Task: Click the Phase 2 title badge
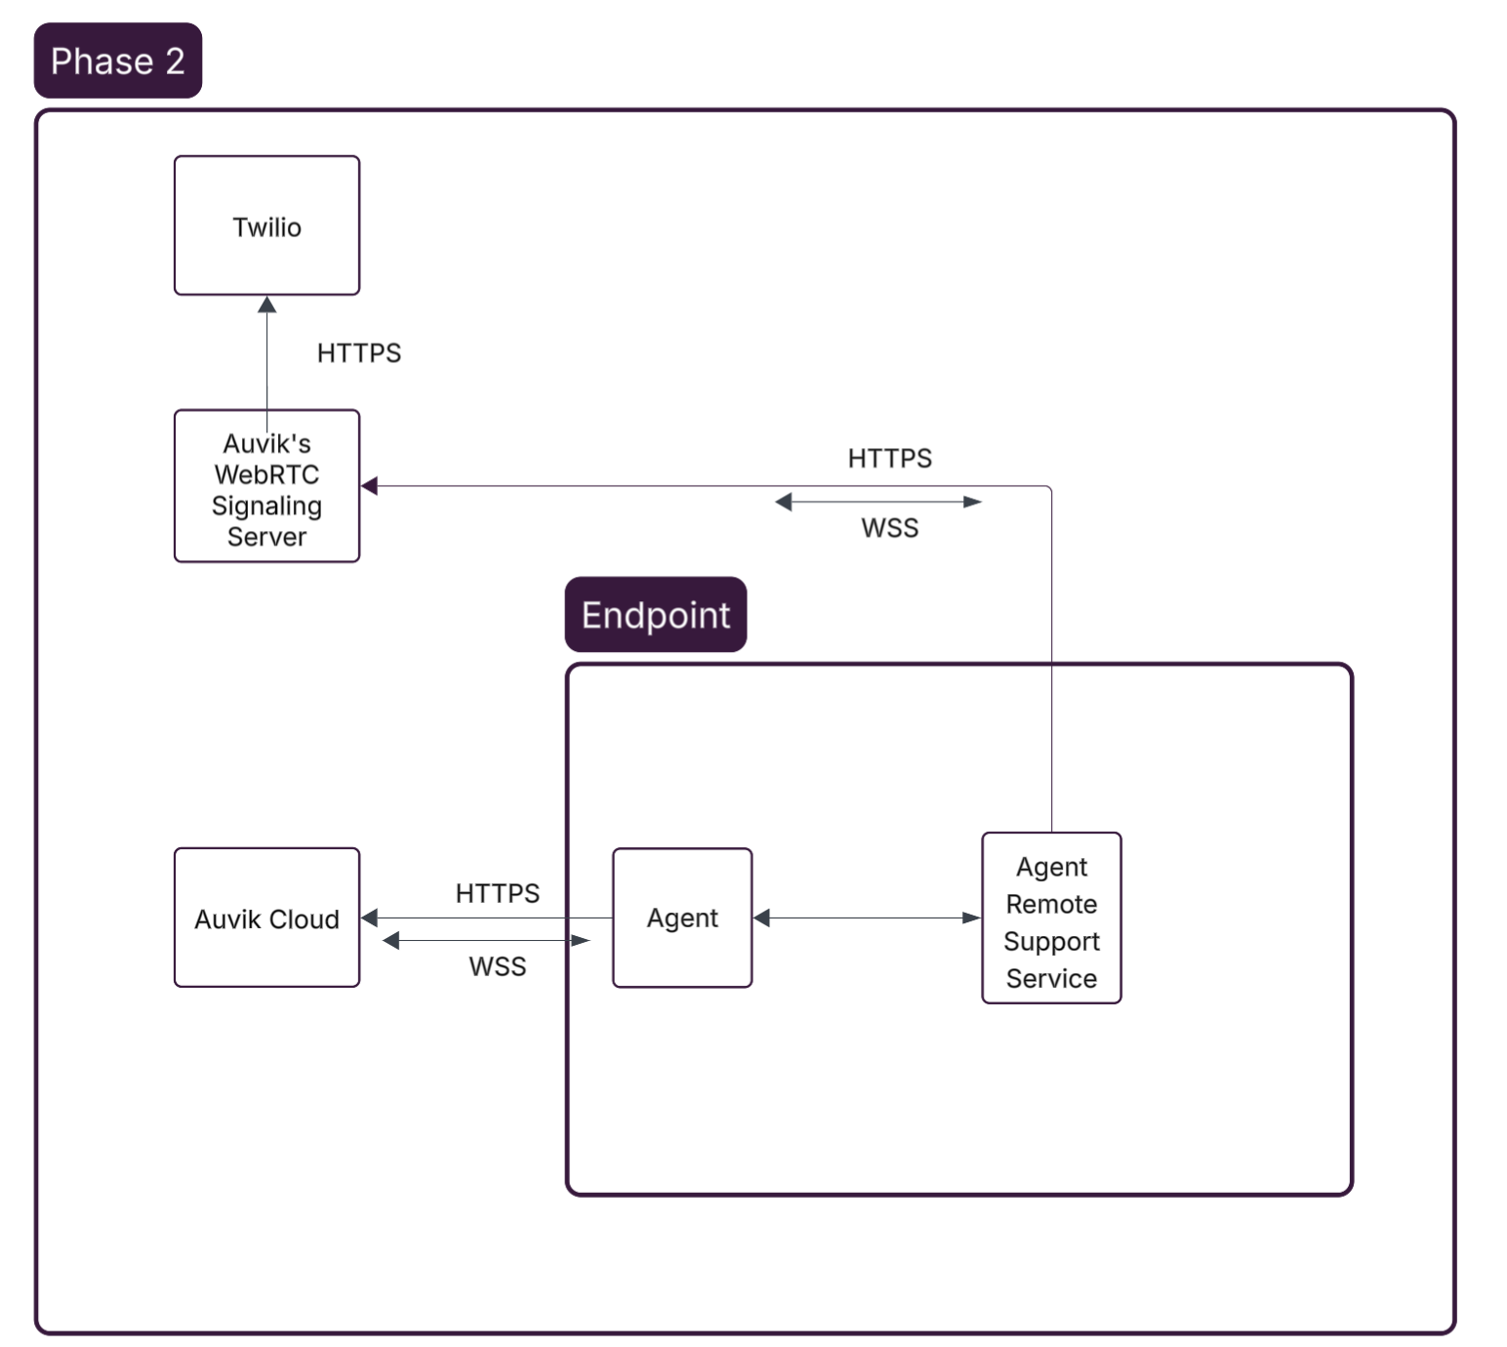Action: tap(117, 61)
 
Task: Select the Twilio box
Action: tap(266, 225)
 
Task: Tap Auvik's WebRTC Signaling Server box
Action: tap(266, 486)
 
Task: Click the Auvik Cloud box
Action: tap(266, 918)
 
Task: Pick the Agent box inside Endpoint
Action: tap(681, 918)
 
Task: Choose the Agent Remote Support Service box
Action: tap(1051, 918)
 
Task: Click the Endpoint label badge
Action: tap(655, 615)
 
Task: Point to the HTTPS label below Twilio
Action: tap(358, 352)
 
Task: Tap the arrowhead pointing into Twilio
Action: tap(266, 305)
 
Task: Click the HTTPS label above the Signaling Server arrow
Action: tap(889, 458)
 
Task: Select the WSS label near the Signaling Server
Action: tap(889, 528)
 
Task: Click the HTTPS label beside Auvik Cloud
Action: tap(497, 893)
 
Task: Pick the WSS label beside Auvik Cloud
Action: tap(497, 966)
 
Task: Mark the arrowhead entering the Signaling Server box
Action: tap(369, 486)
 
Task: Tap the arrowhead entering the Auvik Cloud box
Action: tap(369, 918)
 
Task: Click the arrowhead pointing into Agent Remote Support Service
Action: tap(972, 918)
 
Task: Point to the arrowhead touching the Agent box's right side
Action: tap(762, 918)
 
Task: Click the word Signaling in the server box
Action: tap(266, 506)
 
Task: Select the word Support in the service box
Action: tap(1051, 941)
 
